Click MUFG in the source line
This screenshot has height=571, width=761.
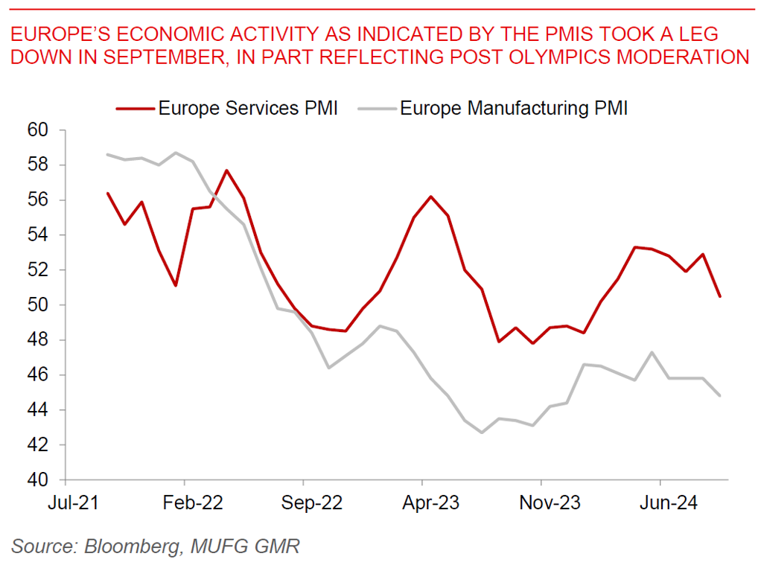tap(217, 546)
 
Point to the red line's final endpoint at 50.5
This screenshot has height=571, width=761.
tap(719, 296)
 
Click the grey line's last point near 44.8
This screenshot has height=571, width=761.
tap(719, 396)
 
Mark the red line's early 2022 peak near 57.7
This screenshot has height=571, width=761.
tap(226, 170)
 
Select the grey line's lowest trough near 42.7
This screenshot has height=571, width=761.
tap(482, 433)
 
